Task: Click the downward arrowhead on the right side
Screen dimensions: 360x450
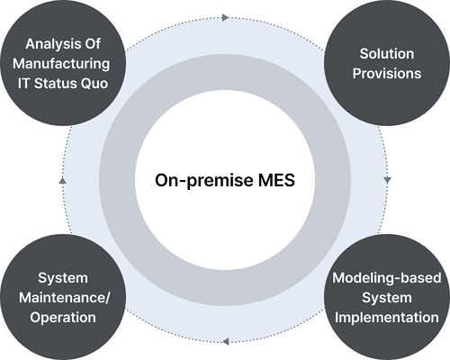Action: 387,180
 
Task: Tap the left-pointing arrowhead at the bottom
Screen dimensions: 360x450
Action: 225,341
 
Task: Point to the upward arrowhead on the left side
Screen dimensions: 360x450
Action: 62,180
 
